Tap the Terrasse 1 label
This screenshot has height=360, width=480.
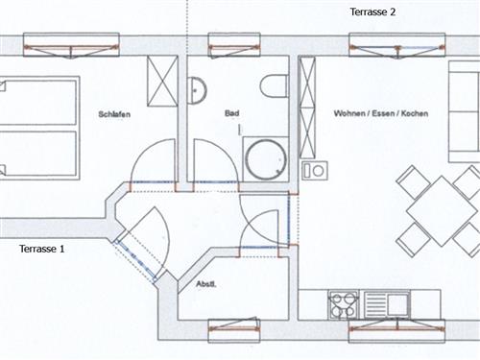pyautogui.click(x=42, y=249)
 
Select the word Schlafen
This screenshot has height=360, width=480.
pyautogui.click(x=113, y=114)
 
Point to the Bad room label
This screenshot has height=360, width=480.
pyautogui.click(x=231, y=113)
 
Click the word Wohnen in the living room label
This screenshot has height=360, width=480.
pyautogui.click(x=351, y=113)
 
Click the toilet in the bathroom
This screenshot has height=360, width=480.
pyautogui.click(x=274, y=85)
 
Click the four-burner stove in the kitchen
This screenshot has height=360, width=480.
pyautogui.click(x=344, y=304)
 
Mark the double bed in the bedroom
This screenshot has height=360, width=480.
pyautogui.click(x=38, y=128)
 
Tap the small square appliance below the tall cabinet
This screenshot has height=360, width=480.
pyautogui.click(x=313, y=171)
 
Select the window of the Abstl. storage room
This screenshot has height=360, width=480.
pyautogui.click(x=234, y=329)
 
